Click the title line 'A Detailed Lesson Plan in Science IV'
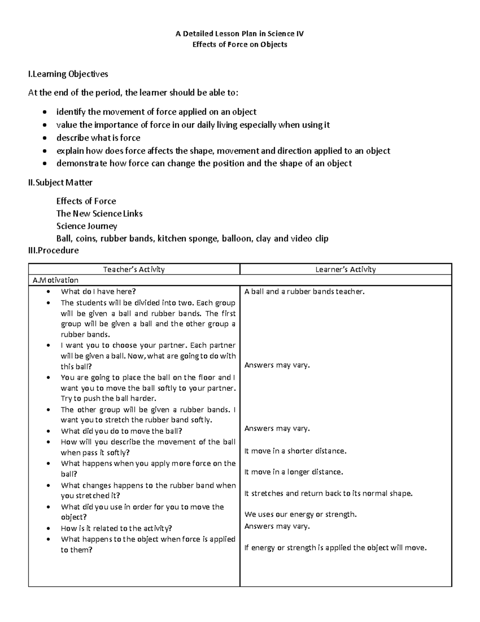(240, 34)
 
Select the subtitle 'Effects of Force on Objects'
(240, 44)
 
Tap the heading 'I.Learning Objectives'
(68, 74)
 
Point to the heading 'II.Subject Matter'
(60, 183)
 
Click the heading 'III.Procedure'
(54, 251)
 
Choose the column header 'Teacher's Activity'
(134, 270)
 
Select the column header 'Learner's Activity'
(346, 270)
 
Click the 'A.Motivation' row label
(56, 280)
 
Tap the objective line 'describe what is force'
(98, 138)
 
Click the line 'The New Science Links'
(100, 213)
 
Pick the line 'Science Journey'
(87, 226)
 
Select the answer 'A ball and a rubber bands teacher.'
(304, 292)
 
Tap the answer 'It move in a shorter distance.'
(295, 451)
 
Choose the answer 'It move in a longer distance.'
(294, 472)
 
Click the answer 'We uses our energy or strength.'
(300, 514)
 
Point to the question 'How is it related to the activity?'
(116, 528)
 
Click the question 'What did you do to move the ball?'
(122, 431)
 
